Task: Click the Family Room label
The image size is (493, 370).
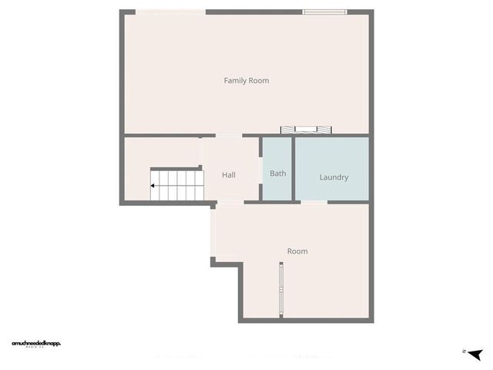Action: (246, 80)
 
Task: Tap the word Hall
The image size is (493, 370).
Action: (229, 175)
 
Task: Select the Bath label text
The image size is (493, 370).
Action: (278, 173)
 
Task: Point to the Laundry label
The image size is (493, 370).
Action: (334, 177)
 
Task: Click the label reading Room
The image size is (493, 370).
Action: (297, 251)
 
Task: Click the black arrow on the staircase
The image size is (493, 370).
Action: (154, 186)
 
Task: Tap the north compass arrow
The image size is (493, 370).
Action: (475, 353)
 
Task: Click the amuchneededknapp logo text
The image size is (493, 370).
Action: (36, 343)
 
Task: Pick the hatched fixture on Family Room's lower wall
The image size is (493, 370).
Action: (307, 129)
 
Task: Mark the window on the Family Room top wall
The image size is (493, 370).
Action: (324, 12)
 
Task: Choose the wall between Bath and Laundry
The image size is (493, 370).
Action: (293, 169)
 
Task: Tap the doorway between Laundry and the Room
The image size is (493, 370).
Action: (313, 201)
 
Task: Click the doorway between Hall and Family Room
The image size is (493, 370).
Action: (228, 136)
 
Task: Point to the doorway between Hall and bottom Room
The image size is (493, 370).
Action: (230, 202)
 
